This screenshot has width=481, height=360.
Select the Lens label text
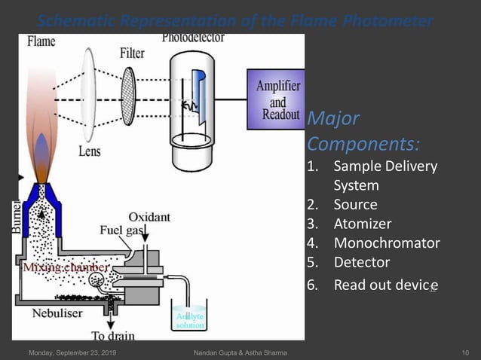[x=89, y=151]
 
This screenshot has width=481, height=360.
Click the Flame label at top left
[x=41, y=41]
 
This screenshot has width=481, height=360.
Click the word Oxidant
[x=149, y=217]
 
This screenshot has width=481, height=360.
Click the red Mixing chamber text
[x=65, y=267]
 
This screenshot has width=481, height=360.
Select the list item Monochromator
[x=386, y=243]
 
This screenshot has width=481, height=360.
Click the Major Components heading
[x=363, y=130]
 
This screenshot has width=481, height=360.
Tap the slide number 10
[x=465, y=352]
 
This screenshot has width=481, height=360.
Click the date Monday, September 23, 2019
[x=72, y=352]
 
